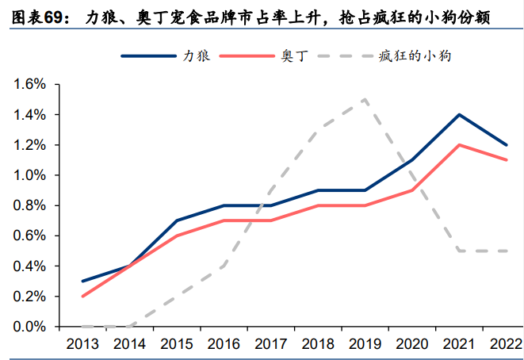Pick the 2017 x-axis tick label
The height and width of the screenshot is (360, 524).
point(270,343)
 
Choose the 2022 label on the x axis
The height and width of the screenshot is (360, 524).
point(506,343)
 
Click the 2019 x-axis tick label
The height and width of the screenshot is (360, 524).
point(365,343)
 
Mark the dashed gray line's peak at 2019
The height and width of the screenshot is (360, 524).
point(365,100)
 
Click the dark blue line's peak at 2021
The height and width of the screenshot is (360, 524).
point(459,115)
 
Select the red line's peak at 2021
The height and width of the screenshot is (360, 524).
point(459,145)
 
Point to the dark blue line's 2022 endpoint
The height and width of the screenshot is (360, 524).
point(506,145)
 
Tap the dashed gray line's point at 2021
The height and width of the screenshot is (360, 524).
point(459,251)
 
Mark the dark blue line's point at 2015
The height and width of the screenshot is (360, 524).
point(176,220)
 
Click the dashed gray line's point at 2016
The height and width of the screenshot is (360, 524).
point(224,266)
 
